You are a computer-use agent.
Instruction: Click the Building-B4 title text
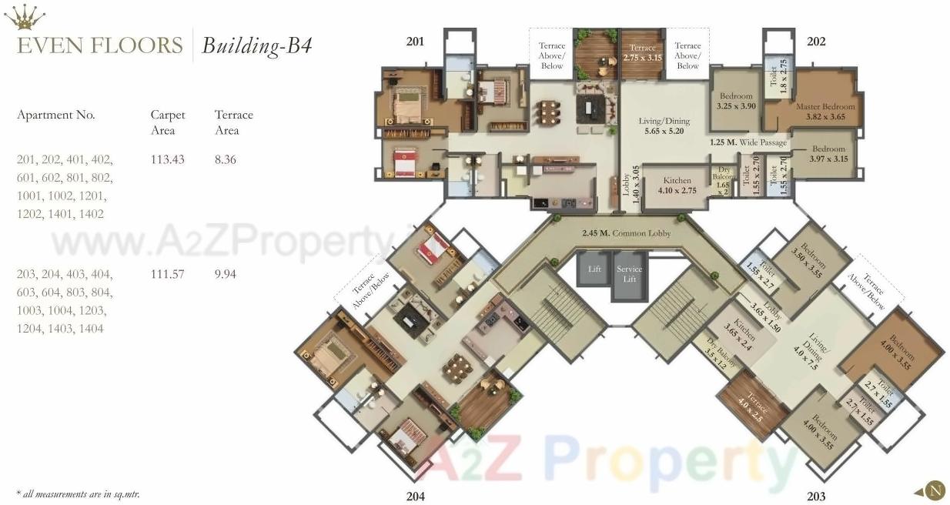pos(256,45)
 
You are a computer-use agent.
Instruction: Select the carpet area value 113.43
pos(167,159)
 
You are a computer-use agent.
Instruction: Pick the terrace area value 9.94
pos(226,273)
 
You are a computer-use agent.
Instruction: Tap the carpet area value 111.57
pos(167,273)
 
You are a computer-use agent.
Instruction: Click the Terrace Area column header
pos(233,122)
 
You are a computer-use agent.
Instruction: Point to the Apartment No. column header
pos(56,115)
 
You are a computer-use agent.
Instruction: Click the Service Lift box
pos(629,275)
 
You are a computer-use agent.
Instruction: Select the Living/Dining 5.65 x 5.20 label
pos(664,126)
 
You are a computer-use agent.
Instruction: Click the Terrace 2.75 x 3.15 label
pos(642,52)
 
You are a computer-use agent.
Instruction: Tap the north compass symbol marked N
pos(935,490)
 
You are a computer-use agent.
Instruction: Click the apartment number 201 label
pos(415,41)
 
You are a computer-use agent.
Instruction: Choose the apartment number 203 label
pos(816,496)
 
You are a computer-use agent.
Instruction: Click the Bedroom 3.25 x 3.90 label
pos(737,101)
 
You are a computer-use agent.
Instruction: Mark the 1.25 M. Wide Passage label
pos(748,142)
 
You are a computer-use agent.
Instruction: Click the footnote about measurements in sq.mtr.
pos(78,493)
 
